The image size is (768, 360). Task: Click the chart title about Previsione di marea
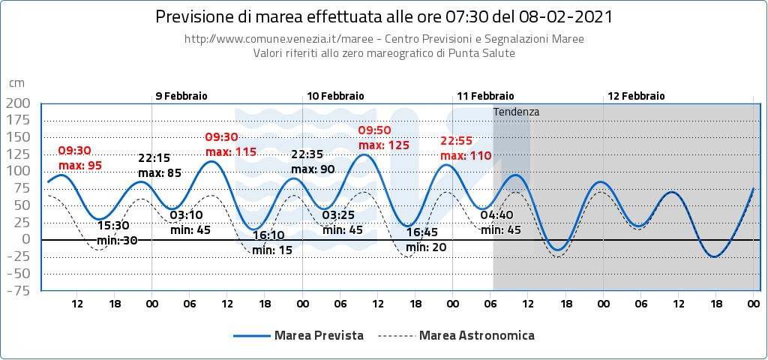click(x=383, y=16)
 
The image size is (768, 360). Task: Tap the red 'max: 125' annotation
click(x=384, y=145)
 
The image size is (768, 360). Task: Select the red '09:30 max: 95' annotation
click(x=79, y=158)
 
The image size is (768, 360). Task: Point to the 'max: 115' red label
click(x=231, y=151)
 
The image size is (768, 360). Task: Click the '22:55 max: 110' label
click(x=465, y=148)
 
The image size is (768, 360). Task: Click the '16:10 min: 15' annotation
click(x=272, y=243)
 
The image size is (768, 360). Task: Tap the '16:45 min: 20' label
click(x=425, y=240)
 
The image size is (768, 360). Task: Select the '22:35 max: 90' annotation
click(x=312, y=162)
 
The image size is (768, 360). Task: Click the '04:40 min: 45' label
click(x=500, y=223)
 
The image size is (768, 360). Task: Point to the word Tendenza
click(x=516, y=112)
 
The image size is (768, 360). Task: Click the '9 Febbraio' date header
click(x=181, y=96)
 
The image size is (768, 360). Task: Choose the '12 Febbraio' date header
click(x=636, y=96)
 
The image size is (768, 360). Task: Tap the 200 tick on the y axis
click(x=18, y=103)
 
